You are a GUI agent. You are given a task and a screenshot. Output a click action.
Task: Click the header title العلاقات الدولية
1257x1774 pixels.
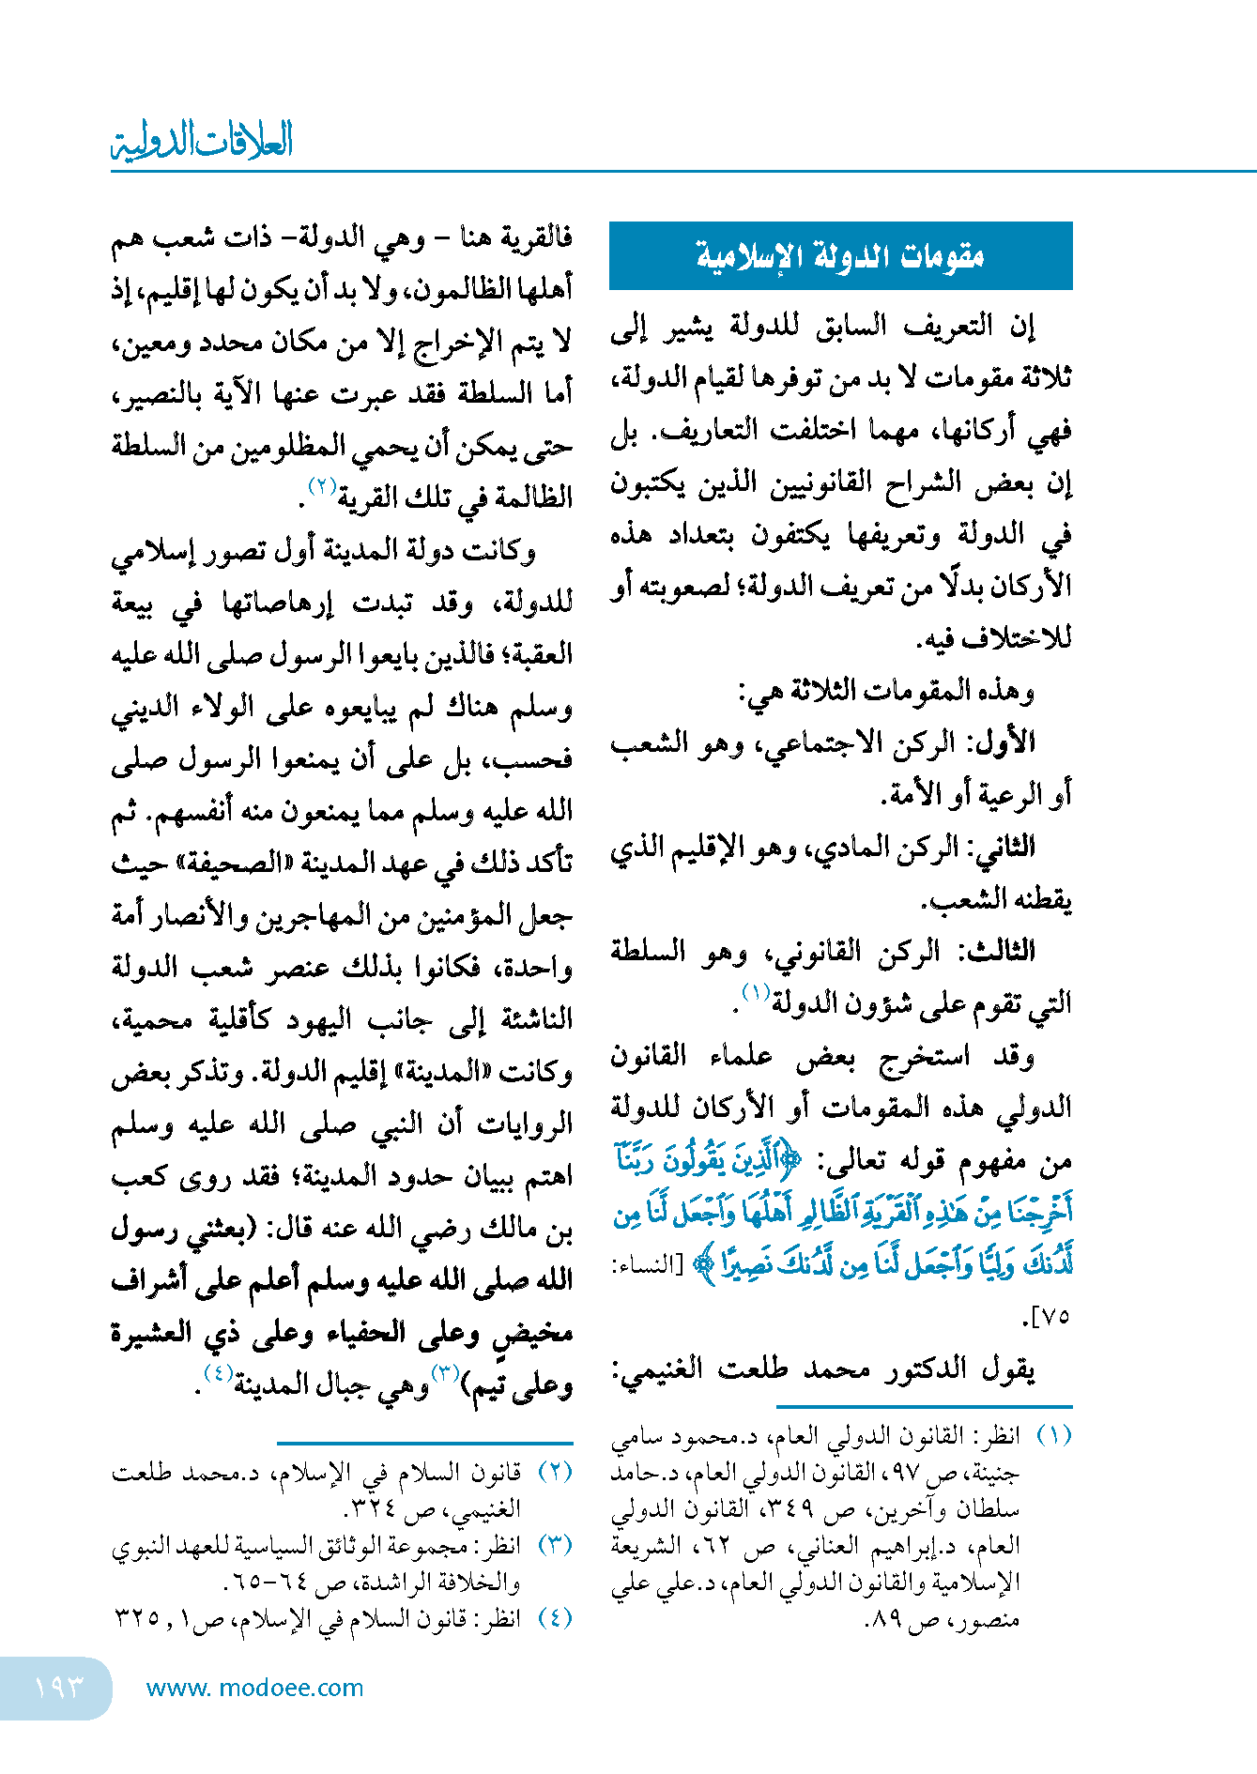[x=202, y=141]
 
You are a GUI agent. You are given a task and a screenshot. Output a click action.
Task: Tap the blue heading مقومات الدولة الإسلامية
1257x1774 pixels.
[x=840, y=255]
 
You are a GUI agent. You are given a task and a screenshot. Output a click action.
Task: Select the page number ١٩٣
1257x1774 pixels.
[x=58, y=1687]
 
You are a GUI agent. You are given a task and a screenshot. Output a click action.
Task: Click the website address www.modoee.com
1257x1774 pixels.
[x=254, y=1688]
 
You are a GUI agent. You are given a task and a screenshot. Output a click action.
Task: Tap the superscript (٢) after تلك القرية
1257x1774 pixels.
[x=323, y=486]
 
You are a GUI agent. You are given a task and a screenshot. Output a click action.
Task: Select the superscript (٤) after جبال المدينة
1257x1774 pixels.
[x=218, y=1373]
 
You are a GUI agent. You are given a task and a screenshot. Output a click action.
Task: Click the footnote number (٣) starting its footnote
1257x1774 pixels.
[x=555, y=1545]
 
